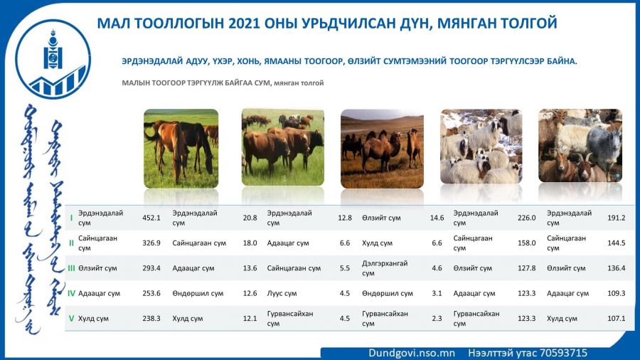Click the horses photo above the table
tap(181, 149)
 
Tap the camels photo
tap(382, 149)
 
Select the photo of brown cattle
tap(283, 147)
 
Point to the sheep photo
tap(481, 146)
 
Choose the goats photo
tap(580, 146)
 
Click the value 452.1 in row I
tap(151, 218)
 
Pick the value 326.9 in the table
tap(151, 243)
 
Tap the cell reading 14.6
tap(437, 218)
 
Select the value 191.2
tap(617, 218)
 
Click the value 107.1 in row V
tap(617, 318)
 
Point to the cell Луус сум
tap(282, 293)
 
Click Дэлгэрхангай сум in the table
tap(385, 268)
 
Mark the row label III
tap(71, 268)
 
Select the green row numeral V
tap(71, 318)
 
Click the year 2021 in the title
tap(244, 23)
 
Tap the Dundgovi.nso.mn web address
tap(412, 353)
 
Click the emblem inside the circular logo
tap(53, 51)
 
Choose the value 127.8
tap(526, 268)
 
